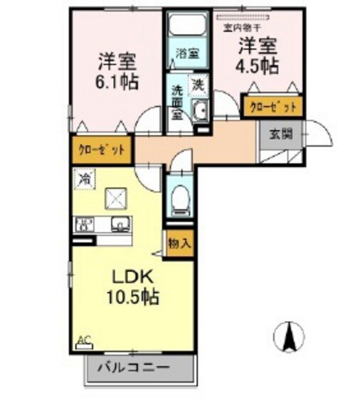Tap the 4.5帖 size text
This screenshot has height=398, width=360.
coord(258,66)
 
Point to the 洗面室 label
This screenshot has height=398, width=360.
coord(178,103)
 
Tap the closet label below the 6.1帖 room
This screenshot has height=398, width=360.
coord(102,150)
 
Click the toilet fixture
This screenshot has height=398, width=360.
coord(179,200)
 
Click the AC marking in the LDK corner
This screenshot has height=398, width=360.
coord(84,340)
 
